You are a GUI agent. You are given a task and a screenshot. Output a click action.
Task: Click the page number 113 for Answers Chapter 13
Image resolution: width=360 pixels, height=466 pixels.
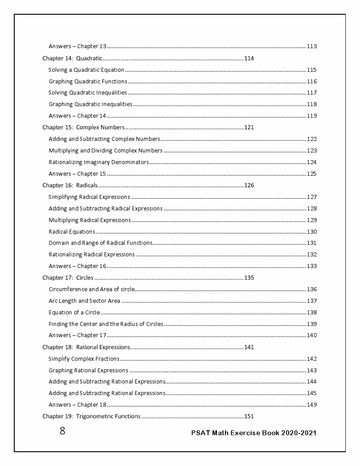pyautogui.click(x=311, y=46)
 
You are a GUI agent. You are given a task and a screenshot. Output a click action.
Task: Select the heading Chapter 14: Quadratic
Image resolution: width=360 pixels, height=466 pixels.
pyautogui.click(x=73, y=58)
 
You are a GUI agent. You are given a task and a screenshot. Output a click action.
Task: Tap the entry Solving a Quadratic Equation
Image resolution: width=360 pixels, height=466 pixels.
pyautogui.click(x=86, y=70)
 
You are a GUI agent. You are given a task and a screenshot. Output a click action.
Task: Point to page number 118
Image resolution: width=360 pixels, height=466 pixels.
pyautogui.click(x=311, y=104)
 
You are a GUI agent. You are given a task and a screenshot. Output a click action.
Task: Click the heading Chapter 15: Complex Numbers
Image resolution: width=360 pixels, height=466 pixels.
pyautogui.click(x=83, y=127)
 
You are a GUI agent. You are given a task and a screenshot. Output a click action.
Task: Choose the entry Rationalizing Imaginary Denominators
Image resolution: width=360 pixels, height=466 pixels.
pyautogui.click(x=98, y=162)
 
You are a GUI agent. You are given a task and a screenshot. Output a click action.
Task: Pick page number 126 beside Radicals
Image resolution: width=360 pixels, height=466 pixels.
pyautogui.click(x=249, y=185)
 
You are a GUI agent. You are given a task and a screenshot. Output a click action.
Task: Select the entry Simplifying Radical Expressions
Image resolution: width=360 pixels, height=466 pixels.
pyautogui.click(x=89, y=197)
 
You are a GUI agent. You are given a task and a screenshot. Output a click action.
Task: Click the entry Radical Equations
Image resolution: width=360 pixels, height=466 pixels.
pyautogui.click(x=72, y=231)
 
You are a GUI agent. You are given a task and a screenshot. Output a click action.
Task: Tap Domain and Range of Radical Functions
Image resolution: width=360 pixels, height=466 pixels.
pyautogui.click(x=100, y=243)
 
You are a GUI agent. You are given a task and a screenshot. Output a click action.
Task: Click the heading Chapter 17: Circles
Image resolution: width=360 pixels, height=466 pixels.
pyautogui.click(x=68, y=277)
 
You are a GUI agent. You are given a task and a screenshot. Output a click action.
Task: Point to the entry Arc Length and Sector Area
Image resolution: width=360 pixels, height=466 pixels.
pyautogui.click(x=84, y=301)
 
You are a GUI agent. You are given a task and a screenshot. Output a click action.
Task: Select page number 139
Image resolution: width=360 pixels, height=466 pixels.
pyautogui.click(x=311, y=324)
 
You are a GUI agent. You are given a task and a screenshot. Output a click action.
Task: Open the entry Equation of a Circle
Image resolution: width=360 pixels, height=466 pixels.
pyautogui.click(x=74, y=312)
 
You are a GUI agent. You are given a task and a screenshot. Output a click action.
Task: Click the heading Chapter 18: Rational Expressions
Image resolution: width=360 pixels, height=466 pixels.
pyautogui.click(x=86, y=347)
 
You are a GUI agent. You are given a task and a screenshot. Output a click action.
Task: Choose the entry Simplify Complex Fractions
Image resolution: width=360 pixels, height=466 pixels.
pyautogui.click(x=84, y=359)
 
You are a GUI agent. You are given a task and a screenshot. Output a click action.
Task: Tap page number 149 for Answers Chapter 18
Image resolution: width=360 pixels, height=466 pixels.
pyautogui.click(x=311, y=405)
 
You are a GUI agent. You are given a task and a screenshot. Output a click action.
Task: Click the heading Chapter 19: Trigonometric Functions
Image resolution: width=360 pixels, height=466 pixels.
pyautogui.click(x=91, y=417)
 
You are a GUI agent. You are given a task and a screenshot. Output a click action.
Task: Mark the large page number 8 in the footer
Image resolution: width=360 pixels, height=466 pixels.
pyautogui.click(x=62, y=431)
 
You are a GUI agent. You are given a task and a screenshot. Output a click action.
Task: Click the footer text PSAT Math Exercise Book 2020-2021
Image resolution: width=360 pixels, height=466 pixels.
pyautogui.click(x=254, y=433)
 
